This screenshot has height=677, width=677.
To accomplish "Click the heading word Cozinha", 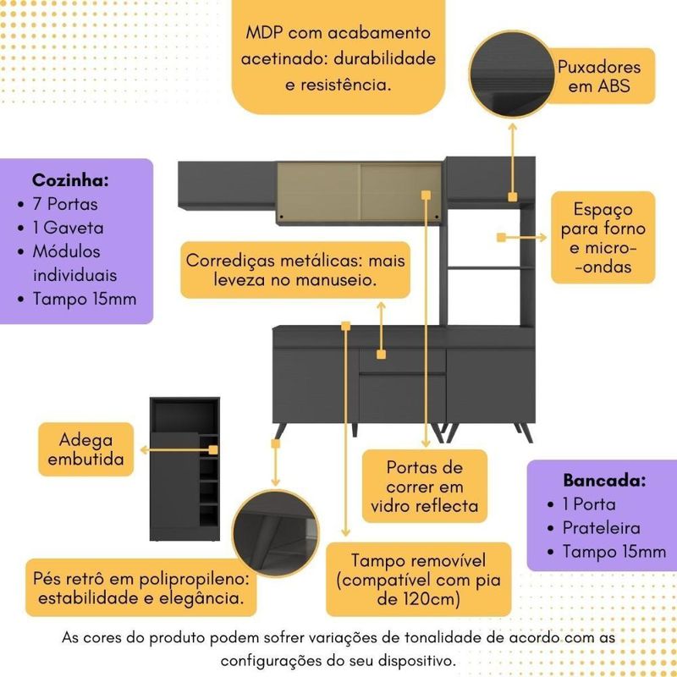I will [x=70, y=180].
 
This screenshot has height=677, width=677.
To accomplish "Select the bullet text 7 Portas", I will [x=64, y=204].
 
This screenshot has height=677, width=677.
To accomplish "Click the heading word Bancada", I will [x=604, y=481].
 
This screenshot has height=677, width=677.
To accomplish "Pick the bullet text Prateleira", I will [x=602, y=528].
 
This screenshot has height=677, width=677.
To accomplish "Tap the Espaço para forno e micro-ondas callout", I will [x=603, y=239].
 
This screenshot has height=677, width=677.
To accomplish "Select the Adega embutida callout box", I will [x=86, y=449].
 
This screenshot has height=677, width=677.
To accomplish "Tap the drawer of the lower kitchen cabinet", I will [x=401, y=360].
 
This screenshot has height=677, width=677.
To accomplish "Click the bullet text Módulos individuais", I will [x=74, y=263].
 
